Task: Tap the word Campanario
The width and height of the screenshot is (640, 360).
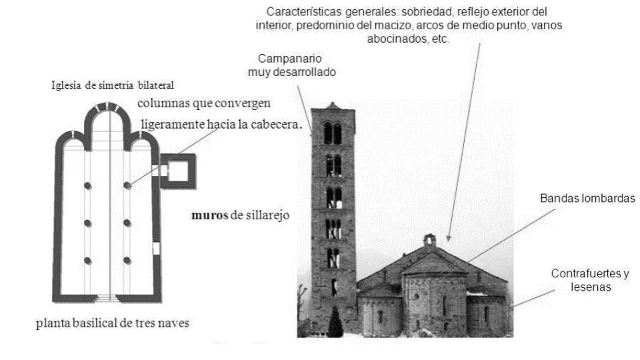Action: point(287,59)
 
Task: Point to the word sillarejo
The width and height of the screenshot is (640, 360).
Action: point(265,216)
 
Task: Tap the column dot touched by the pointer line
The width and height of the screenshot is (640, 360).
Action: point(127,185)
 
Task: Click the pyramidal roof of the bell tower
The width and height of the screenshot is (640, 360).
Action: point(333,107)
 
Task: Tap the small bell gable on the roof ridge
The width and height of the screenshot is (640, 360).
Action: point(430,239)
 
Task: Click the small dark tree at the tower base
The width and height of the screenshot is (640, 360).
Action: point(335,324)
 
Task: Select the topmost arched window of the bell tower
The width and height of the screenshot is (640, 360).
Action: point(332,133)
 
